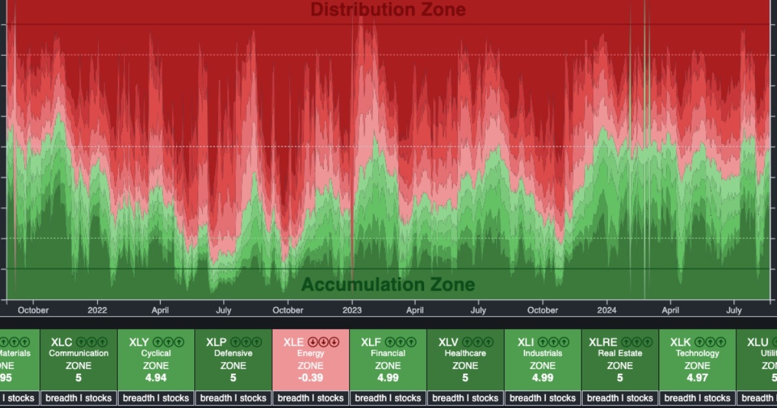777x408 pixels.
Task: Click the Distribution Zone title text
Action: point(388,10)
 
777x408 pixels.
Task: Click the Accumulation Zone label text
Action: point(388,284)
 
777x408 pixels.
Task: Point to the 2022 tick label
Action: point(97,310)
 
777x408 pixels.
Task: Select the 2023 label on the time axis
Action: point(352,310)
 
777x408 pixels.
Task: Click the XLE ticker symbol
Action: point(293,341)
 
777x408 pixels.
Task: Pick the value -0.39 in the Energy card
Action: point(311,378)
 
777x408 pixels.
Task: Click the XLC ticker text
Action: point(61,341)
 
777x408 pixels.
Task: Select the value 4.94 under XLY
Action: point(156,378)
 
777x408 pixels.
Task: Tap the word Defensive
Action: point(233,354)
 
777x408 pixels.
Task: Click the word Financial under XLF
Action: point(388,354)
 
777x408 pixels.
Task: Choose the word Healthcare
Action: point(465,354)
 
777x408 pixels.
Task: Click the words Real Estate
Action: point(620,354)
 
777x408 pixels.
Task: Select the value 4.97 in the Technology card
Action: point(697,378)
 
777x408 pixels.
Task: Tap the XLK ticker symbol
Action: point(680,341)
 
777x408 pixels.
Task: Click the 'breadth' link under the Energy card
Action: point(295,398)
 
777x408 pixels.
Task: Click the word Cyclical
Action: point(156,354)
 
